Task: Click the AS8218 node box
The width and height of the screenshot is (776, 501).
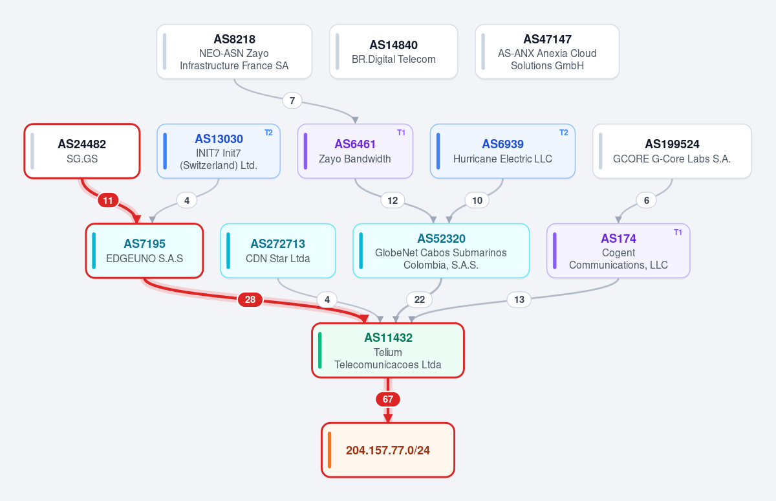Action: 234,52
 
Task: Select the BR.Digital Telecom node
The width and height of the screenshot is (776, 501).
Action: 394,52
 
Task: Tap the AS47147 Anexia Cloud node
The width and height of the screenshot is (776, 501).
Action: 547,52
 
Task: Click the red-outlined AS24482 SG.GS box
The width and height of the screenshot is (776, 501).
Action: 82,151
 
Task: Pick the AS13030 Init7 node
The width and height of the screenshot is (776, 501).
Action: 219,151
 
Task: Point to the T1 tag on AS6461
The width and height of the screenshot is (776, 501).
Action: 401,133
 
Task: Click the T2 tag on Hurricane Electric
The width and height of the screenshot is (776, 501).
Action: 564,133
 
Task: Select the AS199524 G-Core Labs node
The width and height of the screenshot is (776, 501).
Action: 672,151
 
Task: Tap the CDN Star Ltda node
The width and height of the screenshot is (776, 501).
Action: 278,251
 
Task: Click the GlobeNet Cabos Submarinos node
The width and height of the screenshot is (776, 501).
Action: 441,251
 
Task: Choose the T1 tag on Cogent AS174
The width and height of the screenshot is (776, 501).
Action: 678,232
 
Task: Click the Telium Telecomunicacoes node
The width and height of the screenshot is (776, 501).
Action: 388,350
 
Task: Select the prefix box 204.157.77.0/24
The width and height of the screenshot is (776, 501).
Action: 388,450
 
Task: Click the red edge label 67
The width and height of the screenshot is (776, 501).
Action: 388,399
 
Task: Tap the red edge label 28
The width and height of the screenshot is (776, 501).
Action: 250,300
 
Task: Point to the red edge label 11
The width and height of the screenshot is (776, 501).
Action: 108,201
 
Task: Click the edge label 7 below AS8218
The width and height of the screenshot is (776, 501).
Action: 292,101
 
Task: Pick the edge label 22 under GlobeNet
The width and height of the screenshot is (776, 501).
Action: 420,300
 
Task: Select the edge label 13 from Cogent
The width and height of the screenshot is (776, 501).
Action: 519,300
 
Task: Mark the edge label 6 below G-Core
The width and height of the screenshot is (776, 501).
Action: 647,201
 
